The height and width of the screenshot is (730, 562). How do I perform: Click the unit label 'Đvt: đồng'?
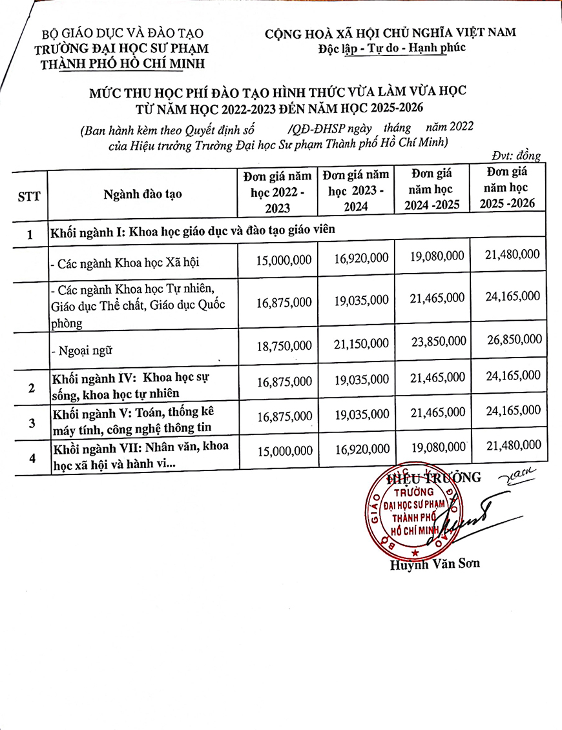pos(515,155)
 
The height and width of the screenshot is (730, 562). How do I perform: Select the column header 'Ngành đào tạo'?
pos(143,194)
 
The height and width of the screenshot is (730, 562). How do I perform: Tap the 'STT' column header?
pos(29,196)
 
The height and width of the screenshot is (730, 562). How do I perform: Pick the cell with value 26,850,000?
pos(512,340)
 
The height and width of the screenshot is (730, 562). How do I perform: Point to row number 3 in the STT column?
pos(31,423)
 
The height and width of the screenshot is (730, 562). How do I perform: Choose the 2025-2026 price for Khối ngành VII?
pos(512,445)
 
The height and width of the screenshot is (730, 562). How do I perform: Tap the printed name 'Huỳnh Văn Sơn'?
pos(435,563)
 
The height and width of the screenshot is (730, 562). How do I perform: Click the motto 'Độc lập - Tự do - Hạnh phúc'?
pos(391,47)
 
